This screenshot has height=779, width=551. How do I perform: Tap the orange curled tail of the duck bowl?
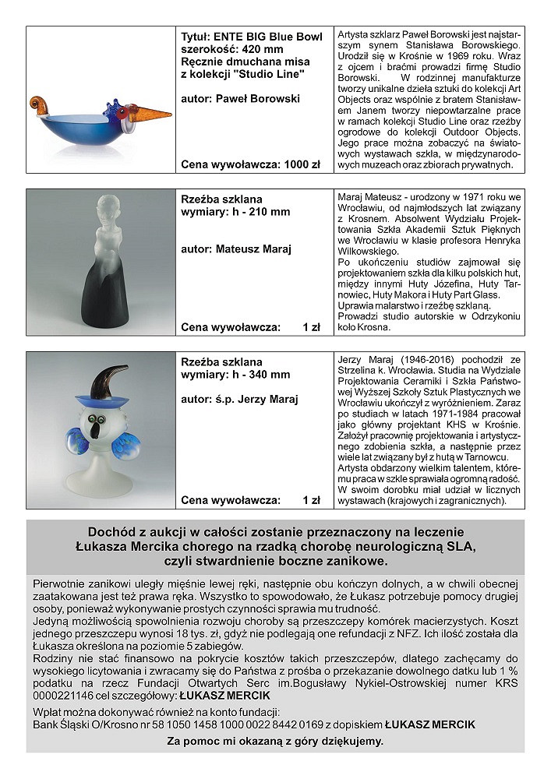point(41,103)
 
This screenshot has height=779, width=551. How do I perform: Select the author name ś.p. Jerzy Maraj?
point(253,400)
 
